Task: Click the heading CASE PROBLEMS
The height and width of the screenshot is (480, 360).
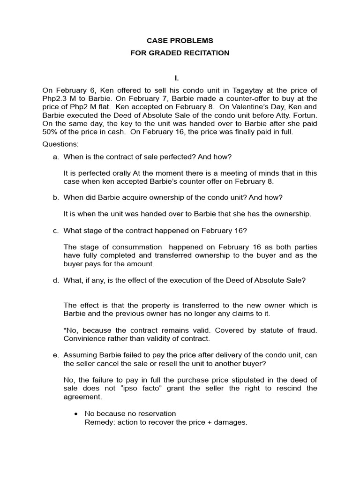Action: [180, 41]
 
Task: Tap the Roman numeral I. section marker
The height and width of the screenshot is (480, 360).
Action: [180, 77]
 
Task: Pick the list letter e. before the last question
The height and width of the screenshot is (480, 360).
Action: [56, 355]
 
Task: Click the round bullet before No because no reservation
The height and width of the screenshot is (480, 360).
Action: [75, 413]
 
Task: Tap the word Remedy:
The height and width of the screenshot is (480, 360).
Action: [97, 422]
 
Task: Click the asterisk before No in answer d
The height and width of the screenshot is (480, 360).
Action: [65, 330]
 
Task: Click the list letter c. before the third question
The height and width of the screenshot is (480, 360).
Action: [56, 230]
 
